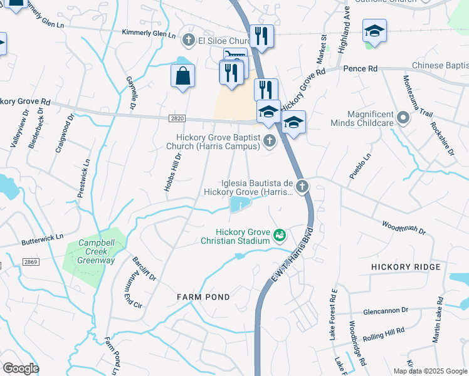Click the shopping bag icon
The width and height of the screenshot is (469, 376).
coord(182,76)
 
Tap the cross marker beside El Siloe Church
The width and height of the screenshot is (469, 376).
coord(187,41)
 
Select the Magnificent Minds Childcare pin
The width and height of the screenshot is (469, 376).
coord(403,117)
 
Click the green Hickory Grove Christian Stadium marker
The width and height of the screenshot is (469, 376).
coord(280,235)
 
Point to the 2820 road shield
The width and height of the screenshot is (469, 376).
coord(177,117)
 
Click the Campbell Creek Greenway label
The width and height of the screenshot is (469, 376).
coord(97,251)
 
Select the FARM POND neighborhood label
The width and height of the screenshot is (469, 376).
coord(203,296)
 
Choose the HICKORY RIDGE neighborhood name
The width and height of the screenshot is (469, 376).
coord(405,267)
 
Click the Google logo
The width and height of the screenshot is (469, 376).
coord(21,368)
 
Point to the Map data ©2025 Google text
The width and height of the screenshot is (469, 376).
coord(430,371)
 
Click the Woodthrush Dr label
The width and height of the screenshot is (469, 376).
coord(404,227)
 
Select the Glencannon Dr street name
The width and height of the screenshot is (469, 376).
coord(386,310)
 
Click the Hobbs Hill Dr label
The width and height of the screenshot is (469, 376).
coord(174,173)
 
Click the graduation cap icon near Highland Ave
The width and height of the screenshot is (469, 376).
coord(374,31)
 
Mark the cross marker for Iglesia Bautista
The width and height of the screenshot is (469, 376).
coord(302,185)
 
